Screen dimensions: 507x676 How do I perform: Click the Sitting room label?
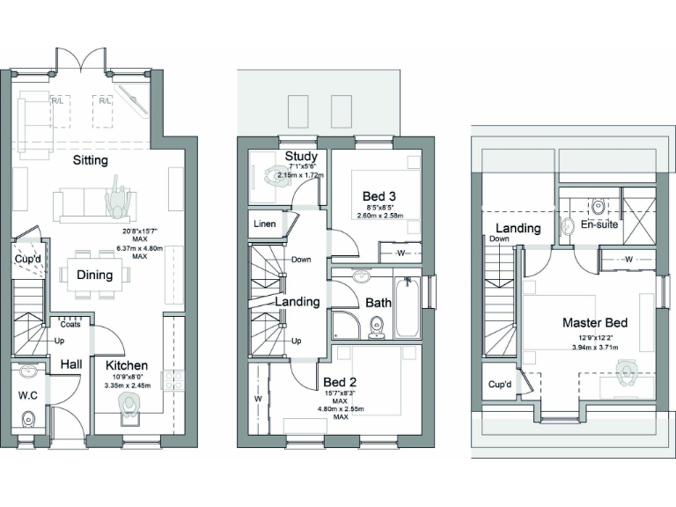point(91,160)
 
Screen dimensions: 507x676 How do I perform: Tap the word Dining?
point(94,275)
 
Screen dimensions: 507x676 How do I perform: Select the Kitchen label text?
point(127,365)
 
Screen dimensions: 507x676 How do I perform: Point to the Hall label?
point(71,364)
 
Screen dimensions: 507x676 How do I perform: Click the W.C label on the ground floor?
point(28,394)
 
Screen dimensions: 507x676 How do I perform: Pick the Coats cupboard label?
point(71,324)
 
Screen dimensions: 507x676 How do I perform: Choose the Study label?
point(300,157)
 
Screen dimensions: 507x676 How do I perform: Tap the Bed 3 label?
point(379,195)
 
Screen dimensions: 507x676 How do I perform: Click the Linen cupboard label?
point(265,224)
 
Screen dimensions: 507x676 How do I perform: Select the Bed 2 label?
point(339,382)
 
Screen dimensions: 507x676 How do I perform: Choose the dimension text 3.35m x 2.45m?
point(128,386)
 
